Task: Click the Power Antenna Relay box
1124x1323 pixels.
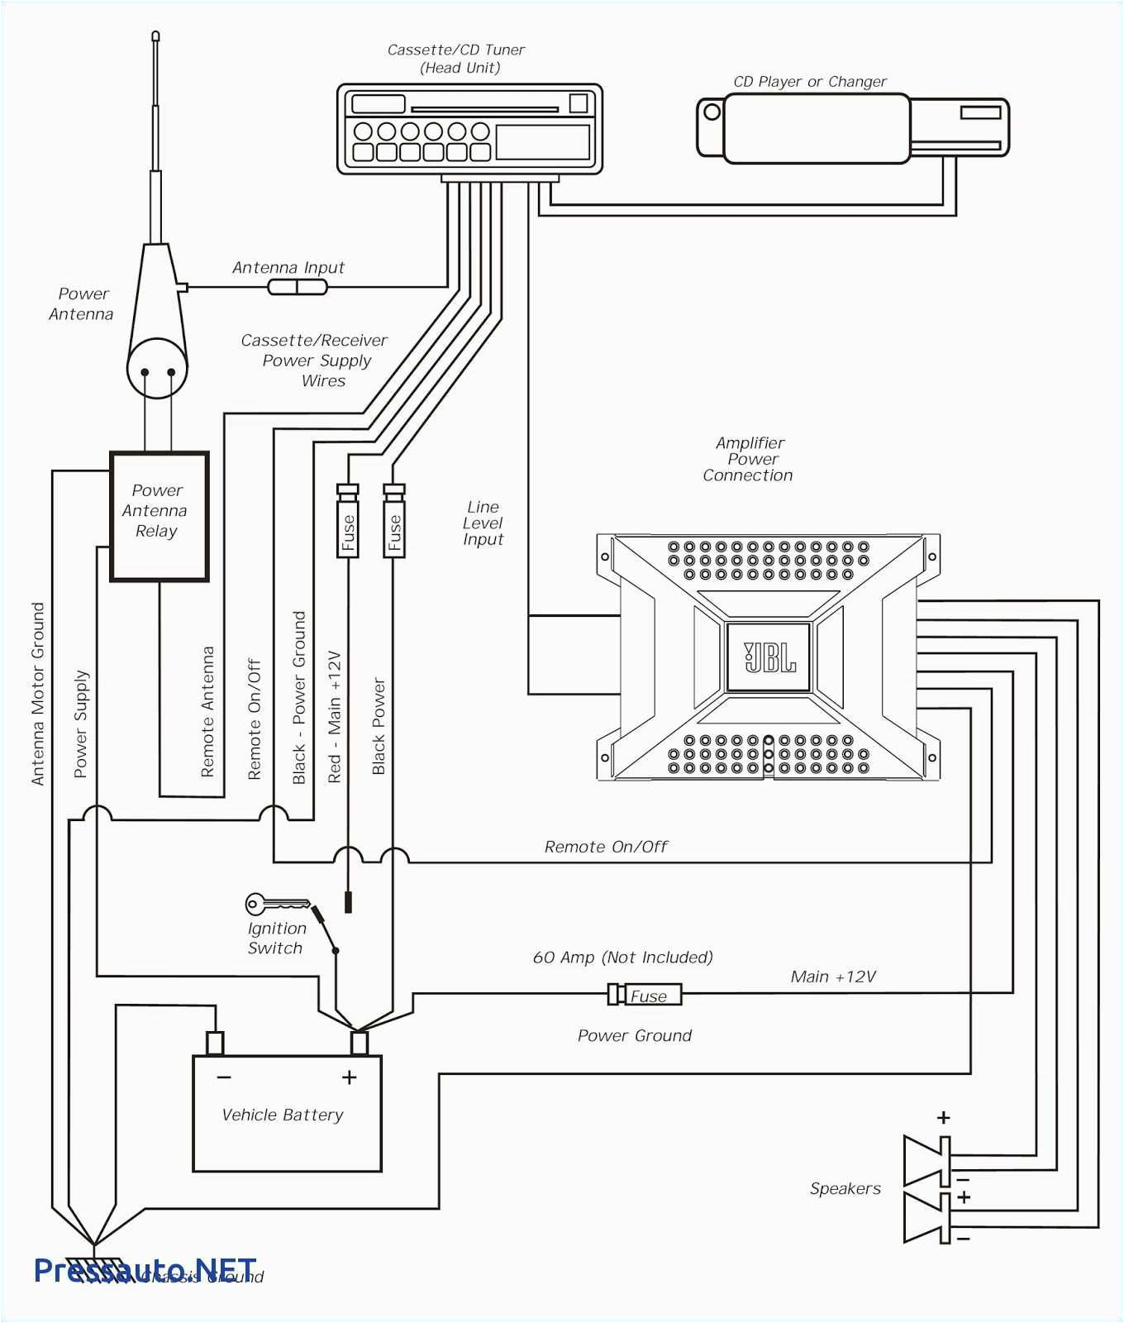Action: click(x=159, y=516)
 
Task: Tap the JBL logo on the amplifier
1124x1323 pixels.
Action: click(x=769, y=657)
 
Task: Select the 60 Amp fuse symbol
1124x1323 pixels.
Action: click(x=645, y=995)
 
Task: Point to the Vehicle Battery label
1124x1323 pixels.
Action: click(x=282, y=1115)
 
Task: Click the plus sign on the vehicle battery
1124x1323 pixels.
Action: click(x=349, y=1077)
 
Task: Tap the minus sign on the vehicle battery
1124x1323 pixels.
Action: click(x=224, y=1077)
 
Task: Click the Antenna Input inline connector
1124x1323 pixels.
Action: click(x=298, y=287)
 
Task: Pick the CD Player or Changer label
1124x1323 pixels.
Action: click(x=809, y=82)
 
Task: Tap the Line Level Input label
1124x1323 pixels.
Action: click(x=483, y=523)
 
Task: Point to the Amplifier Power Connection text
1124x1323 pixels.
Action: click(x=749, y=459)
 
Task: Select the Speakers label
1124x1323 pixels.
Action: click(x=845, y=1188)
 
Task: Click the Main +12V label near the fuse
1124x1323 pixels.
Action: click(x=832, y=977)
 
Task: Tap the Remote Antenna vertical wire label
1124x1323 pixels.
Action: click(x=207, y=711)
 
